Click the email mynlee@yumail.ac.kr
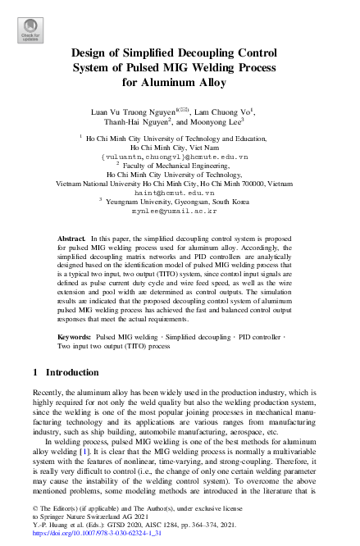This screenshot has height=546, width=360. point(180,211)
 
